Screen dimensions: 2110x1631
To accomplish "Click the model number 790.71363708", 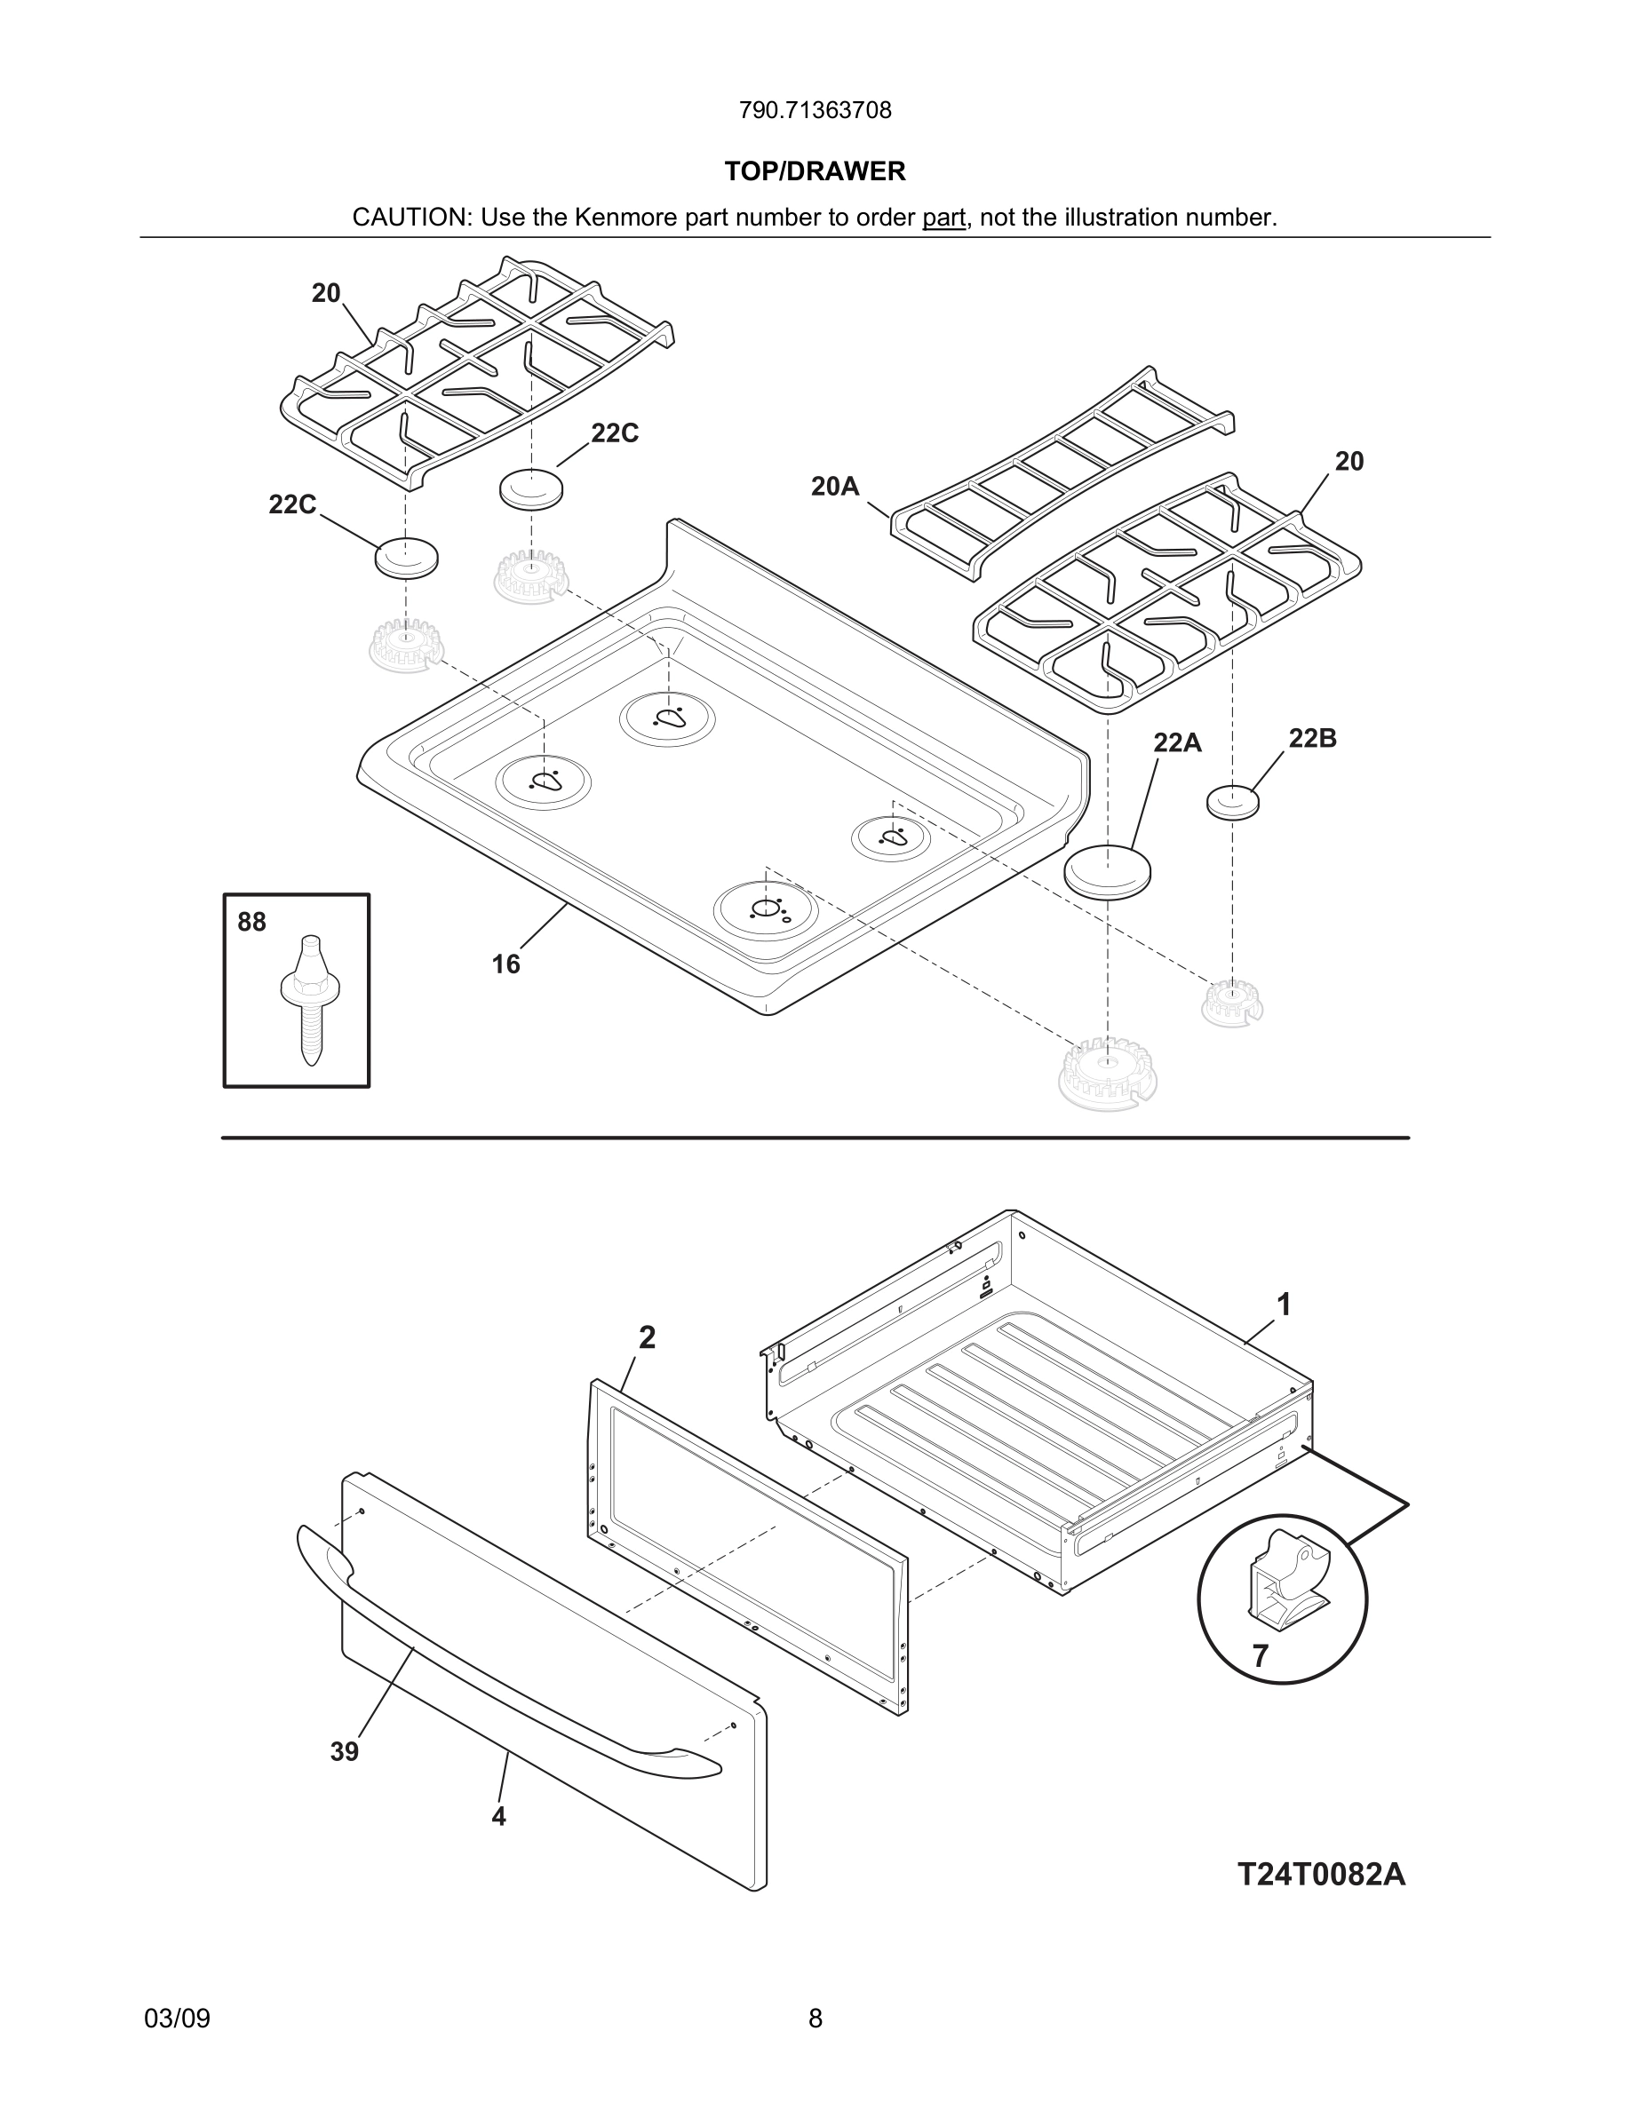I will pyautogui.click(x=815, y=111).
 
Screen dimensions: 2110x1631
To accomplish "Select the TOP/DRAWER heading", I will pyautogui.click(x=815, y=171).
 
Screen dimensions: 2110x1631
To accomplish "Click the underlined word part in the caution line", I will pyautogui.click(x=943, y=218).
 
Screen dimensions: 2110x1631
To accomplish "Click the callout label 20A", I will pyautogui.click(x=835, y=487).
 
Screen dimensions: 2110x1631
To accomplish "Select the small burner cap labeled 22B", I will pyautogui.click(x=1233, y=801).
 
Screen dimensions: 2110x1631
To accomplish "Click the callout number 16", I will pyautogui.click(x=505, y=964).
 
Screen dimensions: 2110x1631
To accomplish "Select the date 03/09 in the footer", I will pyautogui.click(x=177, y=2019).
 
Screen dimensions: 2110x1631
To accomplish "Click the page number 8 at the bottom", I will pyautogui.click(x=815, y=2019).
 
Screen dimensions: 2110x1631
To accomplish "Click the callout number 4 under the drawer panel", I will pyautogui.click(x=498, y=1816).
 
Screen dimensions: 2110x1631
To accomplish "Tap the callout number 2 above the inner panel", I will pyautogui.click(x=648, y=1338).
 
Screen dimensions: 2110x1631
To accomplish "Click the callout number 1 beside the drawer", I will pyautogui.click(x=1283, y=1305).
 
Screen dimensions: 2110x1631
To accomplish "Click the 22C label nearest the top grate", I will pyautogui.click(x=615, y=433).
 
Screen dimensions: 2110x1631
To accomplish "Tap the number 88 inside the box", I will pyautogui.click(x=251, y=923).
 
